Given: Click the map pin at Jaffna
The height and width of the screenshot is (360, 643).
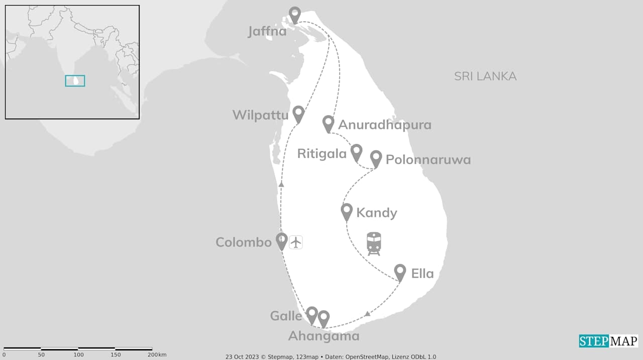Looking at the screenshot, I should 295,15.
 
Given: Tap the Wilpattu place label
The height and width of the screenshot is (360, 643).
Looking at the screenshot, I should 260,115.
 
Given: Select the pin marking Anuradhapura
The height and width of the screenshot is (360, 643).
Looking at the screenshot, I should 328,124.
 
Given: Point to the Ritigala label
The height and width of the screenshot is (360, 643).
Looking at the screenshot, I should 322,154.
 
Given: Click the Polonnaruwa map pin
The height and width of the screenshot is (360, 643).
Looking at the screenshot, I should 376,159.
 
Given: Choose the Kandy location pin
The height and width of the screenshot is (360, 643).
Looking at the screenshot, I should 347,211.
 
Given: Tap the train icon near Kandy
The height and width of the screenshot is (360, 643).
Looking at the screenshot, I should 374,244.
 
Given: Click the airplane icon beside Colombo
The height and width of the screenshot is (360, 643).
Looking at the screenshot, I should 296,242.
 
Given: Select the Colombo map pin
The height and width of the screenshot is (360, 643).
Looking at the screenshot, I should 282,241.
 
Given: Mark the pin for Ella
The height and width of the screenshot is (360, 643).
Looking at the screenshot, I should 400,272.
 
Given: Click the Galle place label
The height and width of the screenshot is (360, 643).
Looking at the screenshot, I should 286,316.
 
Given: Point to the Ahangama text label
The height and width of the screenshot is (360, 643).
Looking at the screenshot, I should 324,336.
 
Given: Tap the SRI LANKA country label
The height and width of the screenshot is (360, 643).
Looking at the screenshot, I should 485,76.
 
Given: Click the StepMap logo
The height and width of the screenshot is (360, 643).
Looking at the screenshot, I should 608,341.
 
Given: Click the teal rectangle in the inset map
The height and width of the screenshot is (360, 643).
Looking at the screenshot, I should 75,81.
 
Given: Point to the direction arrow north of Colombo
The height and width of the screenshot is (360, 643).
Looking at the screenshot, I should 281,185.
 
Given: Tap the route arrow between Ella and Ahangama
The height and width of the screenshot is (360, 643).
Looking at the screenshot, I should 367,314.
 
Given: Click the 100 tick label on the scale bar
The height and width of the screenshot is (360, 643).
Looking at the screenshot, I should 78,355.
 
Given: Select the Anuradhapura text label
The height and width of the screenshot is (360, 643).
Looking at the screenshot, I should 385,125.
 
